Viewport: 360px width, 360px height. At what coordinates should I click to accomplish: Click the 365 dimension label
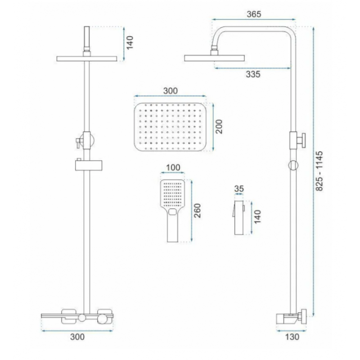pyautogui.click(x=254, y=14)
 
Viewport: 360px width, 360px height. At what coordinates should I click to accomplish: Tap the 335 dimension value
pyautogui.click(x=253, y=74)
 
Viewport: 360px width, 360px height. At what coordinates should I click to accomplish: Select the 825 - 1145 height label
pyautogui.click(x=319, y=171)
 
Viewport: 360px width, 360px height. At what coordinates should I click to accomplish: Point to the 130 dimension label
pyautogui.click(x=292, y=337)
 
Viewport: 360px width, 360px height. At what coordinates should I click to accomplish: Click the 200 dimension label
pyautogui.click(x=219, y=126)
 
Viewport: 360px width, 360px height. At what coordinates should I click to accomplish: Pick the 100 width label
pyautogui.click(x=173, y=167)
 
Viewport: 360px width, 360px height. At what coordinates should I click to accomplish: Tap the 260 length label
pyautogui.click(x=197, y=211)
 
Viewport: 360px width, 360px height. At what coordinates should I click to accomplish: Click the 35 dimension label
pyautogui.click(x=239, y=189)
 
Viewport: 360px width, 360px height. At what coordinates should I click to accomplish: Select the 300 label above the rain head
pyautogui.click(x=171, y=91)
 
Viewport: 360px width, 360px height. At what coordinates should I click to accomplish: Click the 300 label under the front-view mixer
pyautogui.click(x=77, y=337)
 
